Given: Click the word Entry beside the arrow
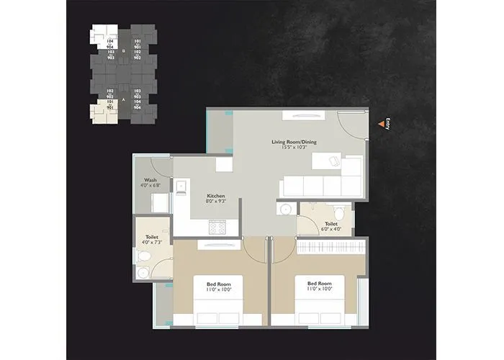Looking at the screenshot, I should [388, 122].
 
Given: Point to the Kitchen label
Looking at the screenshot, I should [217, 196].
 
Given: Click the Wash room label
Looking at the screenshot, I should [150, 180].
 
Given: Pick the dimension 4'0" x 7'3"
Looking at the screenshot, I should [151, 242].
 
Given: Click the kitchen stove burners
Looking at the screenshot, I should [217, 228].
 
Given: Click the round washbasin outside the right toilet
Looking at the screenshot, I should [285, 210].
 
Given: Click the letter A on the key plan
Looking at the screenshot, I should [124, 96].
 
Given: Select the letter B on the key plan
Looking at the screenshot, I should [124, 51].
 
